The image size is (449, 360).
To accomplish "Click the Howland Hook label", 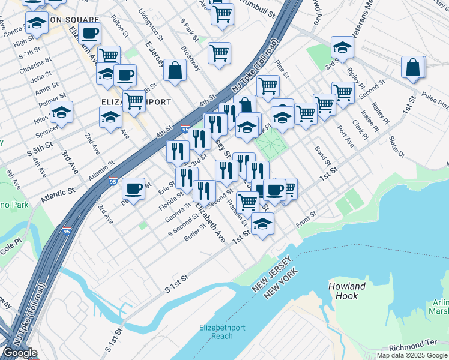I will pos(348,291).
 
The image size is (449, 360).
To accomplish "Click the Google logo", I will pos(20,353).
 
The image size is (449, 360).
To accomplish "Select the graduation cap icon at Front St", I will pos(262,224).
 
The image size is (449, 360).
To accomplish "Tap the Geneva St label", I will pos(179,214).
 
